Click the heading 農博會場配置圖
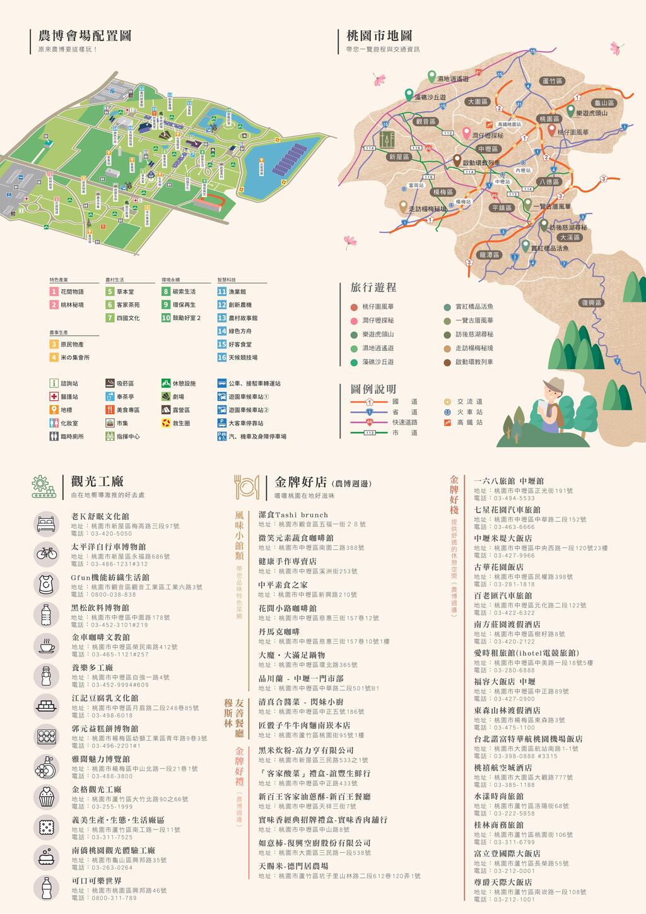85,36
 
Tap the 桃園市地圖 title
379,36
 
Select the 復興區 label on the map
591,303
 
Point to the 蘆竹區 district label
552,81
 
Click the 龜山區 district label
604,103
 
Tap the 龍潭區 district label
490,255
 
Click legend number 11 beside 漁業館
221,292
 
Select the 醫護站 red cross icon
54,396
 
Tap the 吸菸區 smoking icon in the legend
110,383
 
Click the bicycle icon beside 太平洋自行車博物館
47,553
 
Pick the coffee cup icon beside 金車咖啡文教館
47,646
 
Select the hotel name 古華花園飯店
498,567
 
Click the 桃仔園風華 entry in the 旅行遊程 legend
378,307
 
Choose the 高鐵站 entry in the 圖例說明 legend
469,422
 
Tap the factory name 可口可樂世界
96,881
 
